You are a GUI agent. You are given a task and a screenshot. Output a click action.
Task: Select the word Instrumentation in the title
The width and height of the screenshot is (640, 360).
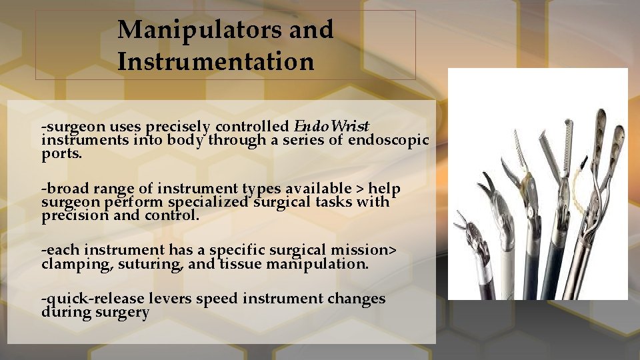coord(215,62)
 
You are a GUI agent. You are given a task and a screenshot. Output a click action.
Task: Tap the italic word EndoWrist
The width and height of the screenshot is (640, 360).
coord(331,126)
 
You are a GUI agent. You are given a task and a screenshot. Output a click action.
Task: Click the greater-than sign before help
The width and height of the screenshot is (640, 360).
coord(363,190)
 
